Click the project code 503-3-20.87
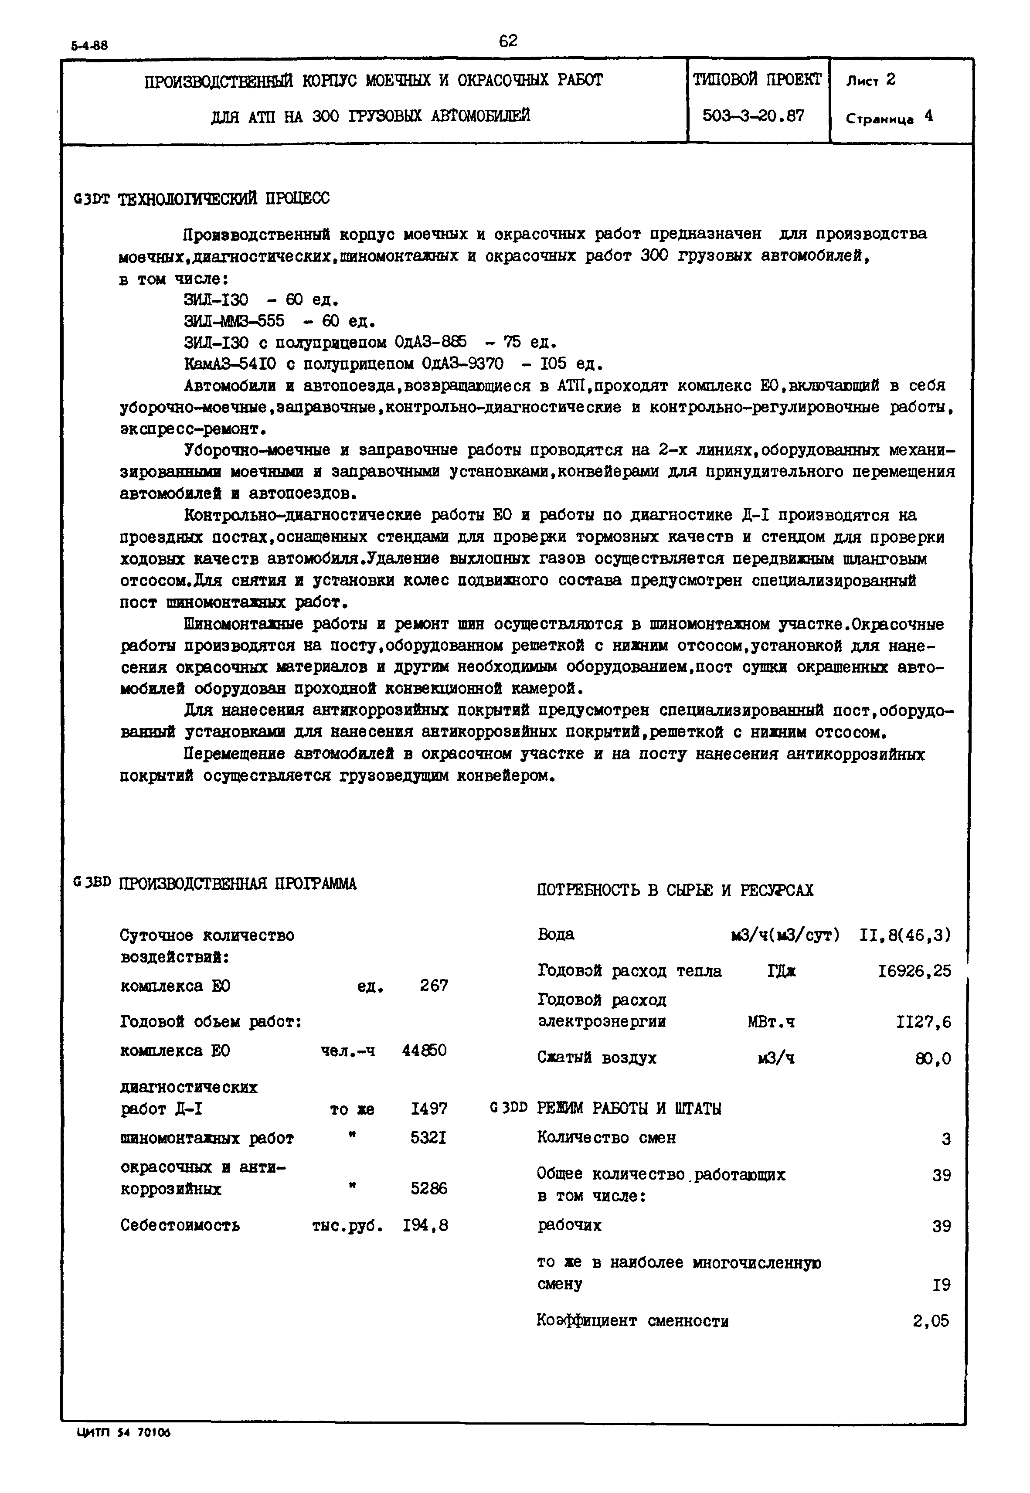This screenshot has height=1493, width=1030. (x=753, y=116)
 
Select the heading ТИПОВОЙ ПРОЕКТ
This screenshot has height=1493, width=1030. (x=757, y=80)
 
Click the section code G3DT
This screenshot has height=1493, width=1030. (x=92, y=199)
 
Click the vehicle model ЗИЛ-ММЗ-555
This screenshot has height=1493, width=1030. (x=234, y=321)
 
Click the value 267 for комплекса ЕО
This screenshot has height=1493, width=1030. (x=434, y=986)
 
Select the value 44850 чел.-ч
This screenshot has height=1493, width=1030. (x=424, y=1051)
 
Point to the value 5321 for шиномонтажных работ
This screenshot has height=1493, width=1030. (x=428, y=1138)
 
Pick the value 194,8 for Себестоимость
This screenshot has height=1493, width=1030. (x=425, y=1225)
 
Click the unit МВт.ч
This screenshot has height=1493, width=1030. (x=771, y=1022)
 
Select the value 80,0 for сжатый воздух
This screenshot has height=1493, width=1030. (x=933, y=1059)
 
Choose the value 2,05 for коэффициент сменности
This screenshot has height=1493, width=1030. (x=931, y=1321)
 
